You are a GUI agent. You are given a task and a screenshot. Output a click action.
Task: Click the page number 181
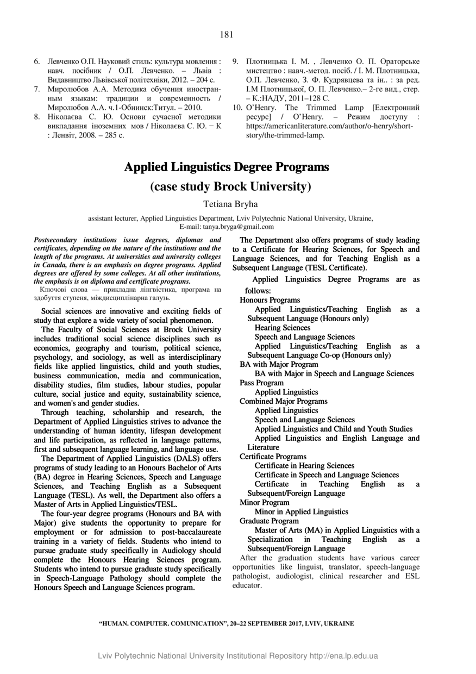coord(227,35)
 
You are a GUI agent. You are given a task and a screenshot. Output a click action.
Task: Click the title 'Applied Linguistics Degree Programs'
coord(227,166)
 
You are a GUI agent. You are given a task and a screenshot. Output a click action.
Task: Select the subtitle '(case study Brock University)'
coord(230,186)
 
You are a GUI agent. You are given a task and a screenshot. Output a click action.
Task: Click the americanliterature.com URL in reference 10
coord(330,127)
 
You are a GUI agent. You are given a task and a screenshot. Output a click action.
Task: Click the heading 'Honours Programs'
coord(270,300)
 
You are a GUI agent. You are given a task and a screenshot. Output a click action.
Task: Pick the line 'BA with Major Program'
coord(279,364)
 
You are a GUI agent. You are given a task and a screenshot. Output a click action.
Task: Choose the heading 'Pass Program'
coord(261,383)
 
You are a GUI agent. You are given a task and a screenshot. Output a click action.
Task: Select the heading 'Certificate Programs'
coord(273,457)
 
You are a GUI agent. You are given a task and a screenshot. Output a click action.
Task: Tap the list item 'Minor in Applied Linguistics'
coord(301,511)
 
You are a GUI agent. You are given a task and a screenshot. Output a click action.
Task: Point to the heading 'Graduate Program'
coord(269,521)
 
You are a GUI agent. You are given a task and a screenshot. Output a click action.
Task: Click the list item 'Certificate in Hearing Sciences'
coord(304,465)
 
